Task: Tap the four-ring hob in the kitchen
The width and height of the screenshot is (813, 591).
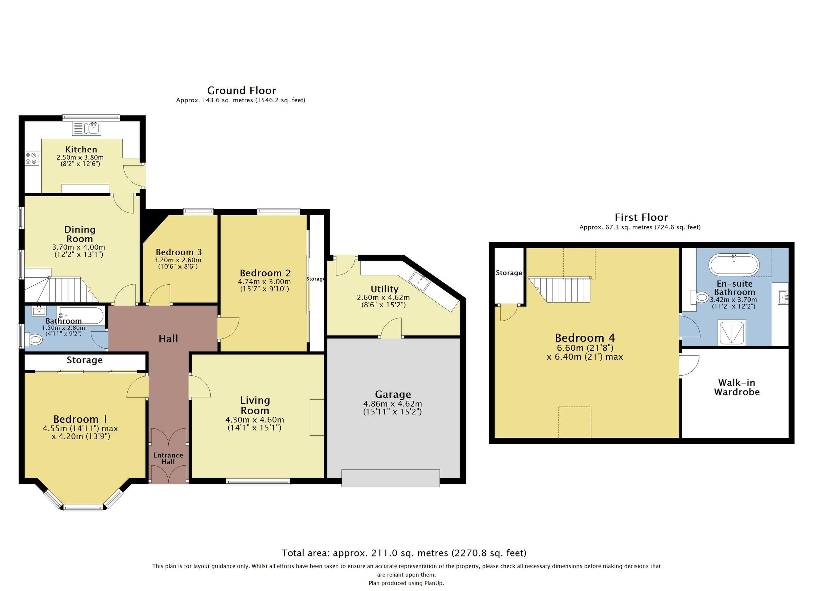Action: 32,158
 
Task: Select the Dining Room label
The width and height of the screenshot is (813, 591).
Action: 80,234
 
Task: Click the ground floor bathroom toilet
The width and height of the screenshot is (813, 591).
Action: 35,339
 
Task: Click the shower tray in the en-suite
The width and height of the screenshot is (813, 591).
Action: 732,333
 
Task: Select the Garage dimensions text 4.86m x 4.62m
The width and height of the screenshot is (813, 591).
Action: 393,404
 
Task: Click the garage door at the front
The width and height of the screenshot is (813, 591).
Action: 390,478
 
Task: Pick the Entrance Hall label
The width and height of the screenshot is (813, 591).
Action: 168,458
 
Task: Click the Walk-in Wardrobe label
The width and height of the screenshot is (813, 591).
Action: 737,387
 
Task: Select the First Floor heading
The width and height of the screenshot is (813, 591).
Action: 641,217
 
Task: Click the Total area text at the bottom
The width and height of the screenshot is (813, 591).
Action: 404,553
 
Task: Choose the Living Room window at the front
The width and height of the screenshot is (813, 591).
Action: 258,482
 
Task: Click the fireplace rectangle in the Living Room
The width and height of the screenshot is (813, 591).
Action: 317,417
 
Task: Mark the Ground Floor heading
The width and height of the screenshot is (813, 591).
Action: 241,90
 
